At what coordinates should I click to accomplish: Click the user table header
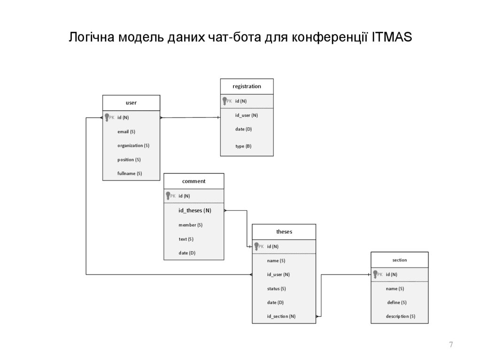point(131,103)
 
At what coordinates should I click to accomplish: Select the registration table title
point(247,86)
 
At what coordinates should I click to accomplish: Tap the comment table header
point(194,181)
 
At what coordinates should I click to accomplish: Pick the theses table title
point(284,232)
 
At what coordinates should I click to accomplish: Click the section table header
point(399,260)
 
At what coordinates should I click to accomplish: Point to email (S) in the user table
point(126,131)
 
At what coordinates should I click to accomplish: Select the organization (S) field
point(133,146)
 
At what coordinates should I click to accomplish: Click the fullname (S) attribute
point(129,174)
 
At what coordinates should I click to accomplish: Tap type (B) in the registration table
point(243,146)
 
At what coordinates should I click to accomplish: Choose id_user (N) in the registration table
point(246,115)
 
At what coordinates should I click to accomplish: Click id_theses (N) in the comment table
point(194,211)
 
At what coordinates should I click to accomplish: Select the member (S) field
point(190,225)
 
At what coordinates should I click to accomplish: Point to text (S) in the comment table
point(186,239)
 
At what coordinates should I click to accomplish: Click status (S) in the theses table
point(276,289)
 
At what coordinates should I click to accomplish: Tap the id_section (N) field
point(281,316)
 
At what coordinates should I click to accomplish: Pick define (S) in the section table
point(396,303)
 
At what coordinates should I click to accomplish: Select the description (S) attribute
point(400,316)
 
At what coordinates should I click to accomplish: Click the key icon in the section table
point(375,275)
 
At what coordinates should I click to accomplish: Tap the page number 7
point(451,345)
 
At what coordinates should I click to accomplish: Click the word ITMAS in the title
point(391,37)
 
